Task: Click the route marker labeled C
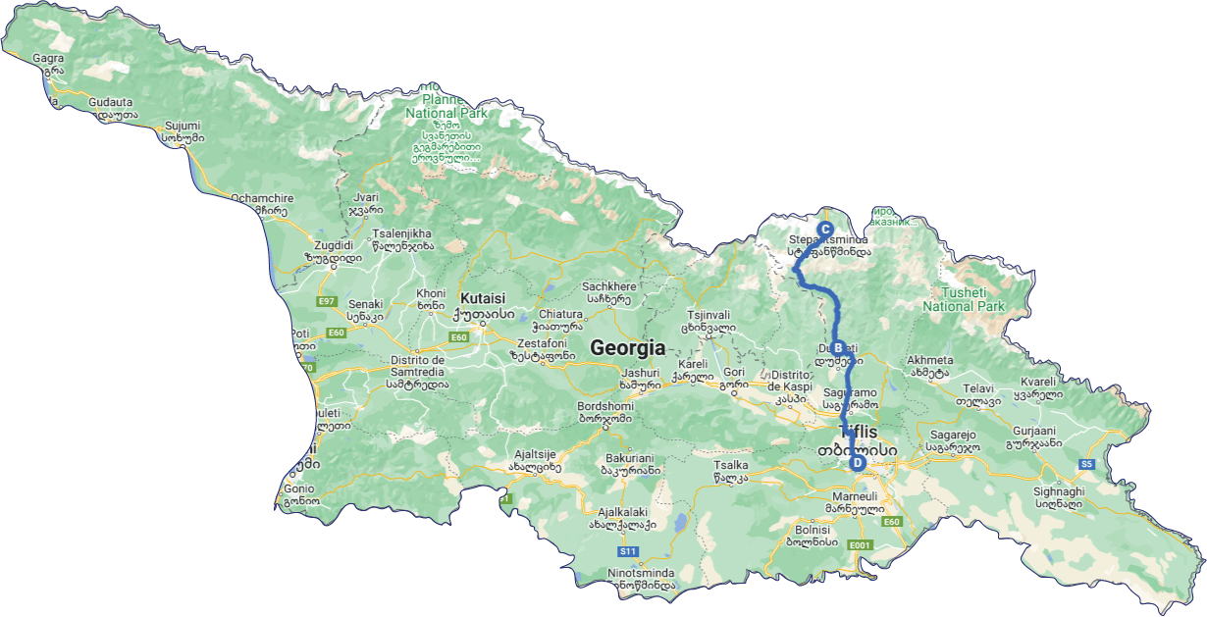point(826,229)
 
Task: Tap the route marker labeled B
point(838,347)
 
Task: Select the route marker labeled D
point(857,463)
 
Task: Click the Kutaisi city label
point(482,298)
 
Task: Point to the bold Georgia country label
point(627,348)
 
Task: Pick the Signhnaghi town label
point(1058,491)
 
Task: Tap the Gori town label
point(734,373)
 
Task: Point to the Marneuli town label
point(849,497)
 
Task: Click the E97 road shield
point(327,301)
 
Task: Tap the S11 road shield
point(629,551)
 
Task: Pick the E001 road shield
point(860,544)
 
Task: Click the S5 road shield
point(1086,464)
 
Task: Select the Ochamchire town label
point(259,198)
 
